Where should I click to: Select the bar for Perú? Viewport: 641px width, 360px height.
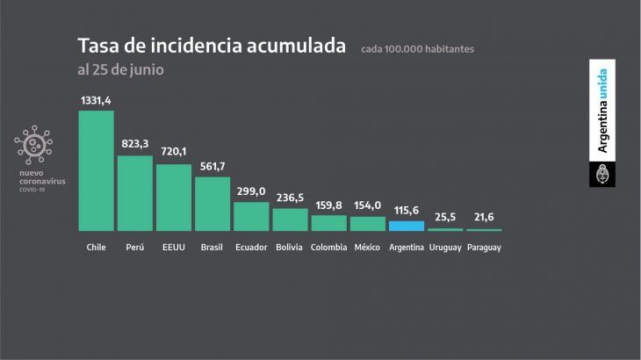click(x=134, y=193)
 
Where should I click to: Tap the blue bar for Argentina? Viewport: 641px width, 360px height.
click(x=407, y=226)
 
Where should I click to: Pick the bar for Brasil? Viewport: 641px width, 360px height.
click(x=212, y=204)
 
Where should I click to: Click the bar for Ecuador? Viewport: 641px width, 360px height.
click(x=250, y=216)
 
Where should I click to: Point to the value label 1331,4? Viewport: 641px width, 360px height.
click(x=97, y=102)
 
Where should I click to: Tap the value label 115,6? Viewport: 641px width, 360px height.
click(x=407, y=212)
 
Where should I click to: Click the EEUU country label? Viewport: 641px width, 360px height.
click(x=173, y=248)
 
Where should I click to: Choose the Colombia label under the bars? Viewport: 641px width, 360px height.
click(x=328, y=248)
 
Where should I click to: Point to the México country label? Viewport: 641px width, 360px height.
click(x=367, y=248)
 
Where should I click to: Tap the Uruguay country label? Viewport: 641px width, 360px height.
click(x=445, y=248)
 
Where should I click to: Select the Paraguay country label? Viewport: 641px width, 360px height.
click(x=484, y=248)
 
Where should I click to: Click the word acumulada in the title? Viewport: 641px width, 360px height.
click(x=293, y=46)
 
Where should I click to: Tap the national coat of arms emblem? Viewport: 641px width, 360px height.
click(x=601, y=174)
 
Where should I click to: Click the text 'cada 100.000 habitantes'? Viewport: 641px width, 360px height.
click(x=417, y=49)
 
